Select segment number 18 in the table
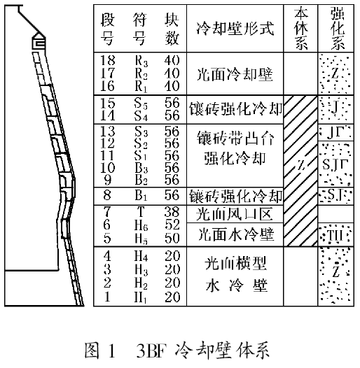109,60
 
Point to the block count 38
172,211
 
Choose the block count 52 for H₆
172,224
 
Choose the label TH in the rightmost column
335,235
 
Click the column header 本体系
300,28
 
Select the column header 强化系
335,28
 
